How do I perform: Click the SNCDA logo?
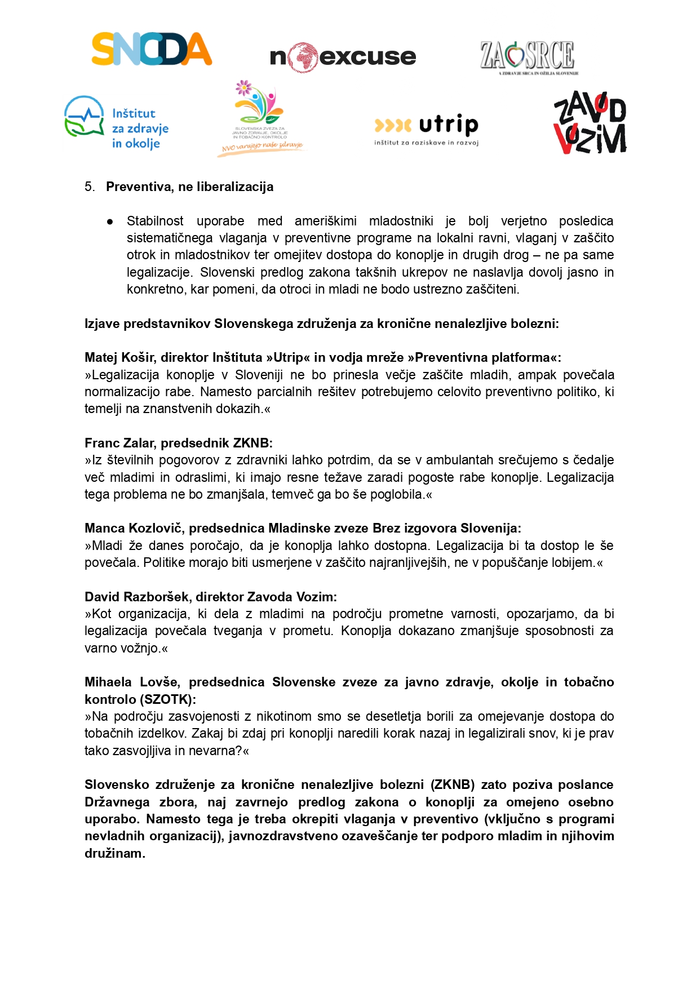pyautogui.click(x=152, y=49)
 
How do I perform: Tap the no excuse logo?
pyautogui.click(x=343, y=57)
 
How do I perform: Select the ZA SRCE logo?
pyautogui.click(x=528, y=57)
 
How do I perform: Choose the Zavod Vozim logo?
pyautogui.click(x=590, y=123)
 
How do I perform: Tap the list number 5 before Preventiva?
pyautogui.click(x=89, y=187)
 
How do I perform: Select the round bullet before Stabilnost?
pyautogui.click(x=110, y=221)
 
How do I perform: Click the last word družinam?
pyautogui.click(x=115, y=853)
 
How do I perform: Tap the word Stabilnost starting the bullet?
pyautogui.click(x=155, y=221)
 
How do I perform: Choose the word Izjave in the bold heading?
pyautogui.click(x=102, y=324)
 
